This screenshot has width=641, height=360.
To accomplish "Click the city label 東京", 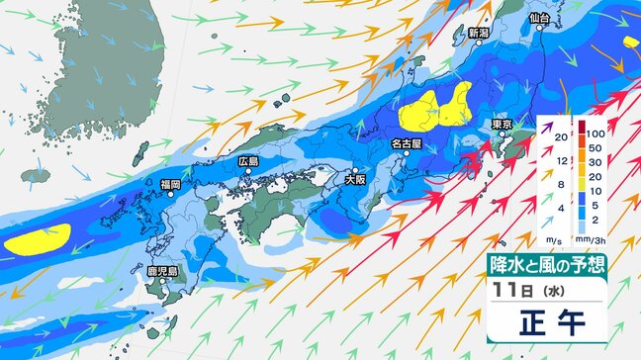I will (501, 126).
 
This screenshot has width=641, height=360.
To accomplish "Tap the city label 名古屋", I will (406, 143).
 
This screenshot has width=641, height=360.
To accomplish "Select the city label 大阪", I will (356, 180).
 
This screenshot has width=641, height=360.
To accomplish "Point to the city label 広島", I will (248, 161).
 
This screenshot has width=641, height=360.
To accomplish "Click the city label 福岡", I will (170, 184).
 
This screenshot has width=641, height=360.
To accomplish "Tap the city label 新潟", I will (479, 33).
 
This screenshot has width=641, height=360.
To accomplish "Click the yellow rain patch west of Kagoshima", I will (38, 239).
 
